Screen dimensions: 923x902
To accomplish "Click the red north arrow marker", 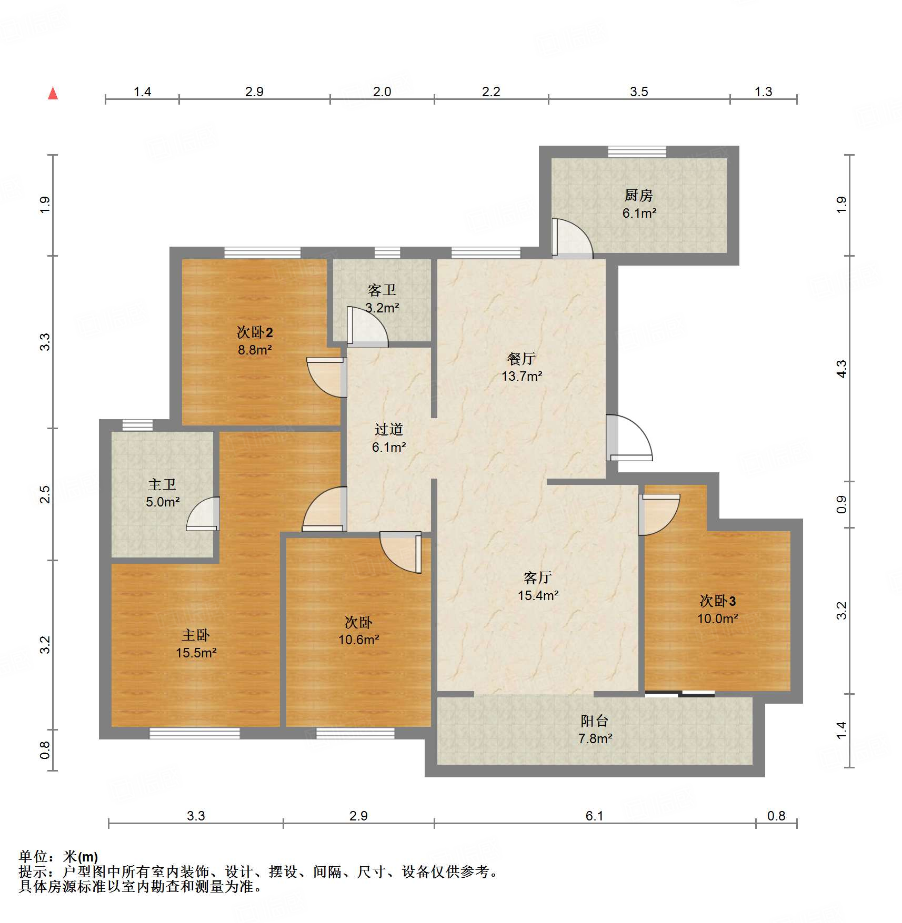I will (53, 94).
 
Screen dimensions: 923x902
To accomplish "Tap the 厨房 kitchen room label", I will (639, 204).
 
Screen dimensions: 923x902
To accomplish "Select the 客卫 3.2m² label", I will (382, 299).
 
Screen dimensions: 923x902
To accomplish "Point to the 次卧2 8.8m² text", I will (255, 341).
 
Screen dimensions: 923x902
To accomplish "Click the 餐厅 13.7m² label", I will (522, 367).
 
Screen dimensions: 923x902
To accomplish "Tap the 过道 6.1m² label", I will (389, 438).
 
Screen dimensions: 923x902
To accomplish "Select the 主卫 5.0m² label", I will (162, 493).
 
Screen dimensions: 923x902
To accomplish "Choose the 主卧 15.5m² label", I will (196, 644).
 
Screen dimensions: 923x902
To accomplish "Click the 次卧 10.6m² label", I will (358, 631).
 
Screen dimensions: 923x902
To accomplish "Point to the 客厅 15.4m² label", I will (537, 586).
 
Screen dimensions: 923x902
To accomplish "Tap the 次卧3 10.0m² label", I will (717, 610).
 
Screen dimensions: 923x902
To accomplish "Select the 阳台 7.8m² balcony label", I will (595, 729).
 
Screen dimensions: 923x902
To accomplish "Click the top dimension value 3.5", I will (639, 92).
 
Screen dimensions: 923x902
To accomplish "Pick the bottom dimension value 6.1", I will (594, 816).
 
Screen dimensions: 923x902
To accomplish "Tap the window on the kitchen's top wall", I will (637, 152).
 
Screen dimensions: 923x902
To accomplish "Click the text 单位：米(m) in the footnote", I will (58, 857).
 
